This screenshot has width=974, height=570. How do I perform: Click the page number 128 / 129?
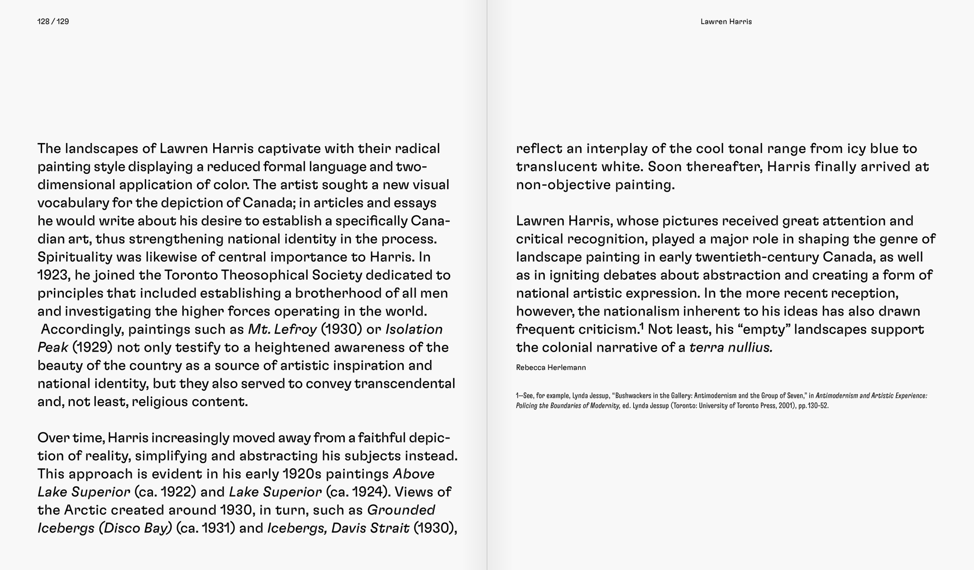(53, 21)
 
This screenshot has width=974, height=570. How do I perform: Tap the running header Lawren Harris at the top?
(726, 21)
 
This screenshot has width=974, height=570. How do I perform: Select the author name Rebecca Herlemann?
(550, 367)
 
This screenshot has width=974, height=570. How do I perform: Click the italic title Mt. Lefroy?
(282, 329)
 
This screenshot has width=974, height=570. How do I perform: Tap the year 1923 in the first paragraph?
(53, 275)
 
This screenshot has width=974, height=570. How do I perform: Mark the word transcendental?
(405, 383)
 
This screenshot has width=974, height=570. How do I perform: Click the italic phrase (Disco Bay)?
(135, 528)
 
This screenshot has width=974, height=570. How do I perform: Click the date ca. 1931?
(205, 528)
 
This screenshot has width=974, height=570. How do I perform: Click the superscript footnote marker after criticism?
(641, 326)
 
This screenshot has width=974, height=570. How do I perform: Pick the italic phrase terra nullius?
(730, 347)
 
